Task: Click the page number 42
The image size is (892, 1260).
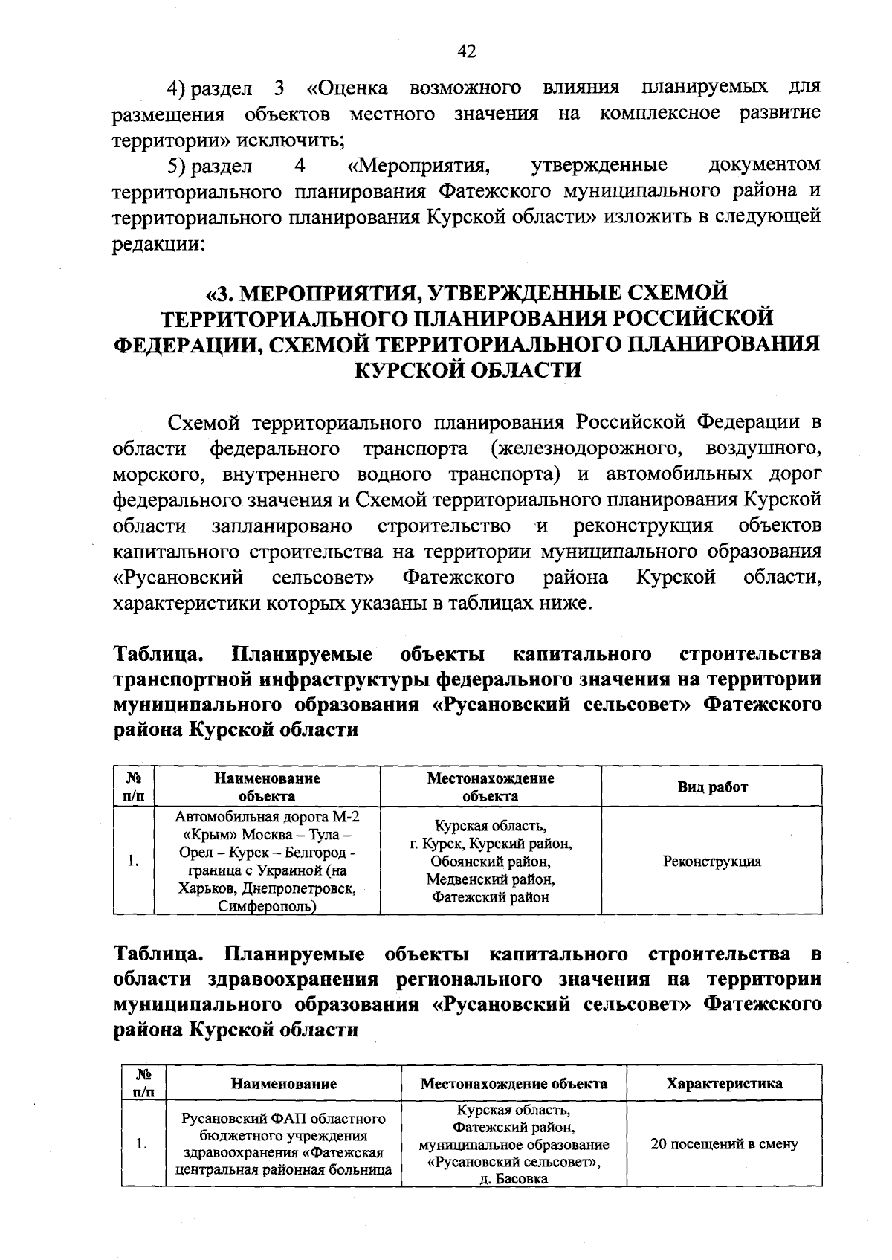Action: click(467, 51)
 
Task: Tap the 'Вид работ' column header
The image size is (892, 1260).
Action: click(711, 787)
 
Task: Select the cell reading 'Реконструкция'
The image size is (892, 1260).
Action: click(711, 862)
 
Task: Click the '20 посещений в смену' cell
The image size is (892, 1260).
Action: click(723, 1144)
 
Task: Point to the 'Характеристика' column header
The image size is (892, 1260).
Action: click(723, 1083)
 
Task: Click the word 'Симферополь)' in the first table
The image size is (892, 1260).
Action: click(267, 906)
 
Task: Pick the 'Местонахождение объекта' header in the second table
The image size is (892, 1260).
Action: click(514, 1083)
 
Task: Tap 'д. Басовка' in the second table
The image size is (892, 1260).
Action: click(514, 1180)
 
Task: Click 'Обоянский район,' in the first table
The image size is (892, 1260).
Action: click(491, 862)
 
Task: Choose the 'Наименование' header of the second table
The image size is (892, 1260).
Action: click(283, 1083)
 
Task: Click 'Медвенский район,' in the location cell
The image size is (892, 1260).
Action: click(491, 879)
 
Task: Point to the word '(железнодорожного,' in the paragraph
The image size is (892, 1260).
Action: click(586, 449)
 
